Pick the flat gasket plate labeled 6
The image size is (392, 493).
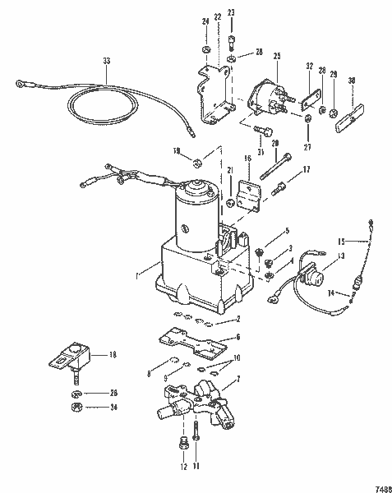191,338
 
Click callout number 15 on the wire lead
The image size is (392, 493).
365,240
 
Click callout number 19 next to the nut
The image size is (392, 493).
176,151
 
